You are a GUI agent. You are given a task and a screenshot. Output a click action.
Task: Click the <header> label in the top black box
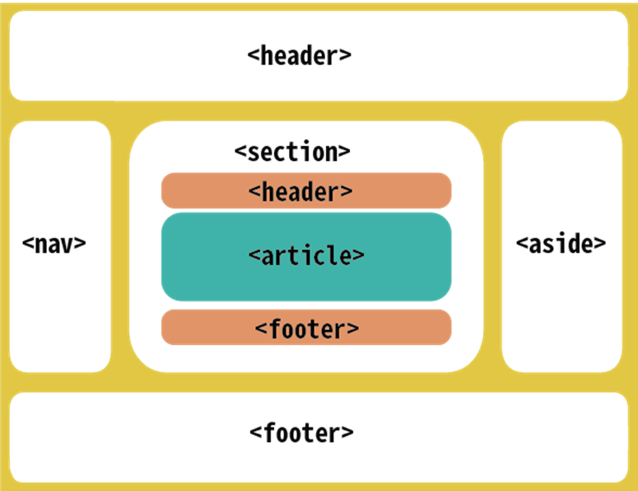click(x=300, y=56)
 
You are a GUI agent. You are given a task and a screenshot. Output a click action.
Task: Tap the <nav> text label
click(x=54, y=244)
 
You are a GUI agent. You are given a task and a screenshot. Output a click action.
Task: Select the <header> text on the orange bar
click(x=300, y=191)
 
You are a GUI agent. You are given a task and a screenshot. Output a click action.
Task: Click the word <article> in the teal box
click(x=305, y=256)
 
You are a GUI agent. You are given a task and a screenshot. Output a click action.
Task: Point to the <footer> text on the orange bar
click(x=306, y=328)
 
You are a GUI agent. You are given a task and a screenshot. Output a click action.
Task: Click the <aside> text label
click(x=561, y=244)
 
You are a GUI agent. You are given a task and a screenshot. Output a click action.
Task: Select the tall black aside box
click(x=561, y=322)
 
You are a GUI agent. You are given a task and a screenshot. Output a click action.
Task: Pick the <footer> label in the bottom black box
click(x=301, y=433)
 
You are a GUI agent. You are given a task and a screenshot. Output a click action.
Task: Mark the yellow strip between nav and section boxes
click(x=120, y=248)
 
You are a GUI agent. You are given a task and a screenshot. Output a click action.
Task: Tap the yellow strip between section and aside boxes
click(x=493, y=248)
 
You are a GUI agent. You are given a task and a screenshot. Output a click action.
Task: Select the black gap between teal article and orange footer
click(x=305, y=305)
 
